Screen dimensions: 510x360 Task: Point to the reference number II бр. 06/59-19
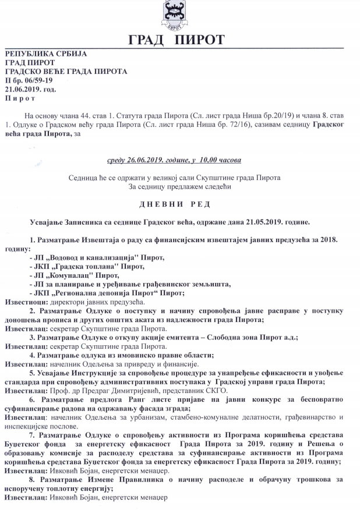pyautogui.click(x=29, y=80)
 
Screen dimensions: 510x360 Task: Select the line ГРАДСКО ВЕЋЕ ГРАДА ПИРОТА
pyautogui.click(x=65, y=72)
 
